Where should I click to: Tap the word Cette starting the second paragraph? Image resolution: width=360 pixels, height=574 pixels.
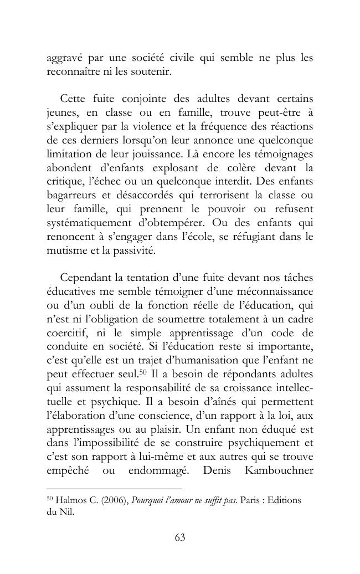75,99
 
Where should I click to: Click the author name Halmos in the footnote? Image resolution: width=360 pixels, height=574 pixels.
71,500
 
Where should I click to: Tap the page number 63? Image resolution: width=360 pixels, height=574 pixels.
179,537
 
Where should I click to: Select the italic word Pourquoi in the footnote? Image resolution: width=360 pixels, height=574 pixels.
149,500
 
